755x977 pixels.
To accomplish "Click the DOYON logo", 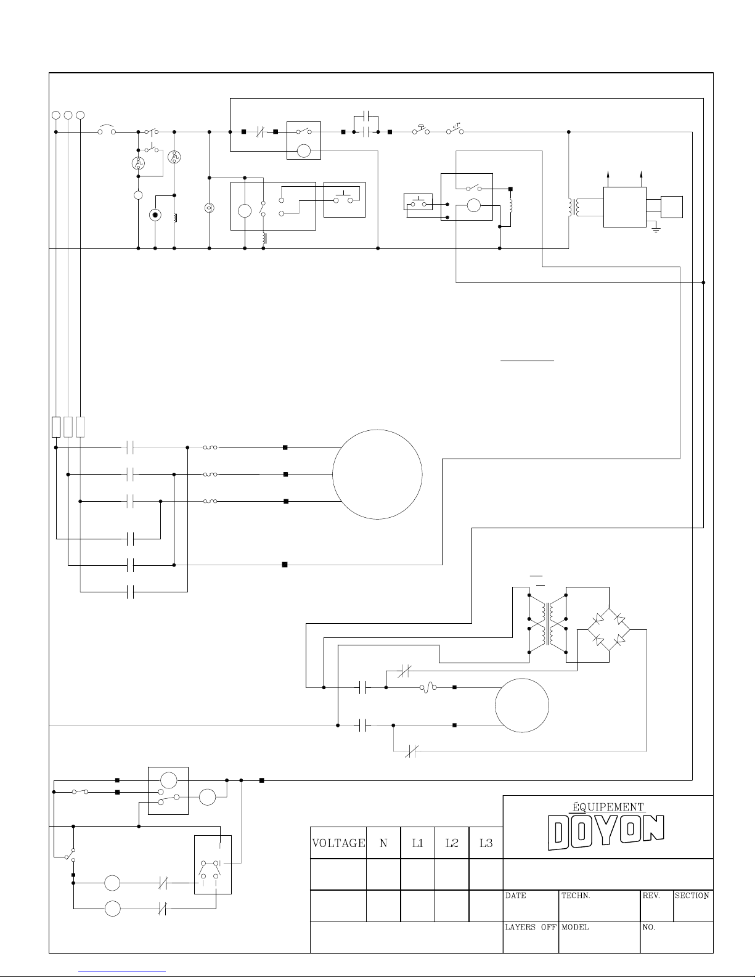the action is coord(606,833).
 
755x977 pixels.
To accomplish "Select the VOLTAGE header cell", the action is coord(338,843).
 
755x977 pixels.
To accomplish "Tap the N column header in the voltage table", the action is coord(383,843).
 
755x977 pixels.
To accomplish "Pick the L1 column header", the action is coord(417,843).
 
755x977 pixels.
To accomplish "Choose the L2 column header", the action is coord(452,843).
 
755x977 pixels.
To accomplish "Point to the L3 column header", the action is coord(486,843).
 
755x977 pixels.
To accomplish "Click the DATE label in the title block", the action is coord(515,896).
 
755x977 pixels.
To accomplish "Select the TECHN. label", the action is coord(576,896).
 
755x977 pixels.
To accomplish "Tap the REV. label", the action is coord(651,896).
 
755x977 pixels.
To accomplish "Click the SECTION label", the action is coord(692,896).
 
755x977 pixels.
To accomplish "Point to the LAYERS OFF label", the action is coord(531,926).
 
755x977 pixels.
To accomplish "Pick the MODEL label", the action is coord(575,926).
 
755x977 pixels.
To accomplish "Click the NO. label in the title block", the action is coord(649,926).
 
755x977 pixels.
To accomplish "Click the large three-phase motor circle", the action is coord(377,475).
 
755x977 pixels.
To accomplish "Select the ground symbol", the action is coord(656,229).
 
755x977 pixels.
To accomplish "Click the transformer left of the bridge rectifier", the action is coord(547,623).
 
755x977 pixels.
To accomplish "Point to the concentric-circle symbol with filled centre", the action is coord(155,215).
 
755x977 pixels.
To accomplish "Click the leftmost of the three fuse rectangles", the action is coord(55,427).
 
